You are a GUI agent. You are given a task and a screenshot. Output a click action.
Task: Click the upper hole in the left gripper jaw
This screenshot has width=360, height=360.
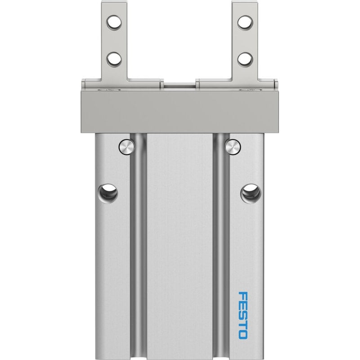coord(114,22)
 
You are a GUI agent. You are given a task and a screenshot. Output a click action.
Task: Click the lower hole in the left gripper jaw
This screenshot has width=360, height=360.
coord(114,59)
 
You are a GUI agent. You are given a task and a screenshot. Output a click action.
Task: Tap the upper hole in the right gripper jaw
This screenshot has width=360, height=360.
coord(245,22)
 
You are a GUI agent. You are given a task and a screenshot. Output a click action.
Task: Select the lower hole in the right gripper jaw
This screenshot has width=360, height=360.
coord(245,59)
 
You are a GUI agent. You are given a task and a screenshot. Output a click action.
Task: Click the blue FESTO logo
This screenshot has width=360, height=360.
coord(243,315)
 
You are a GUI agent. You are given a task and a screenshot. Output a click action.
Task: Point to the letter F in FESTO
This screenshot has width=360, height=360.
coord(243,296)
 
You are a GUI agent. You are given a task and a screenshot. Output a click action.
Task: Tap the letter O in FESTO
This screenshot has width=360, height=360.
coord(243,334)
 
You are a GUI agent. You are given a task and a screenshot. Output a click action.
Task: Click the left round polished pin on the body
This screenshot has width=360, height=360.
coord(126,147)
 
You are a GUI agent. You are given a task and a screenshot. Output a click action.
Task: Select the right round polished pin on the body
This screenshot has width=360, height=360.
coord(233,147)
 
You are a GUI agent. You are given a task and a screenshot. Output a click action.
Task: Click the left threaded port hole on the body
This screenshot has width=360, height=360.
coord(108,193)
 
